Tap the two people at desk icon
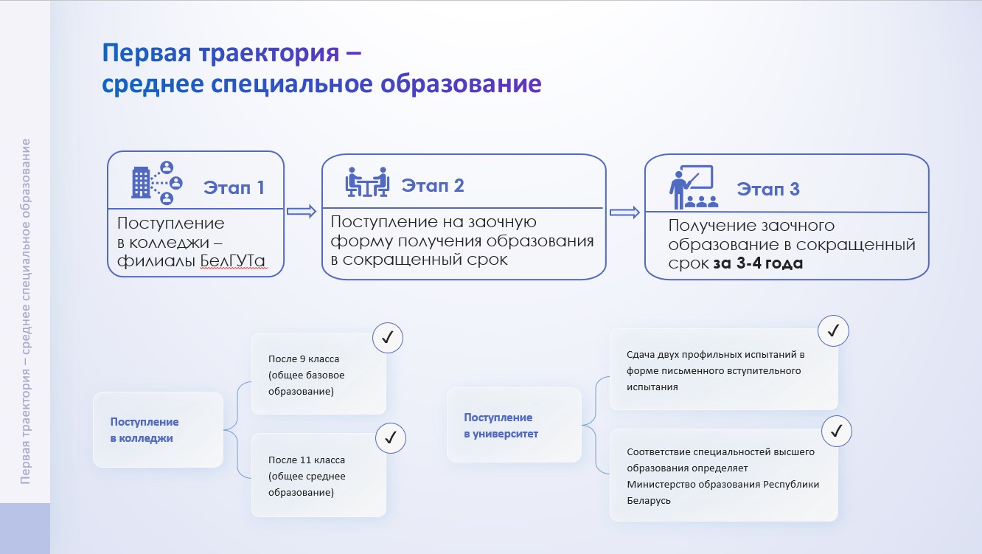click(x=367, y=181)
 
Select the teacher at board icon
click(x=694, y=187)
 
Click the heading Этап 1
click(x=234, y=187)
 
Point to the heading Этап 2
click(x=433, y=186)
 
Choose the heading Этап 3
click(x=768, y=189)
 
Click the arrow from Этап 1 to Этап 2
click(x=302, y=212)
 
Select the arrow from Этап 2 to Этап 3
click(x=624, y=212)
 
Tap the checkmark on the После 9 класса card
click(x=388, y=338)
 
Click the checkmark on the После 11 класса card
click(x=391, y=438)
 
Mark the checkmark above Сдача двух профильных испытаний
click(x=833, y=330)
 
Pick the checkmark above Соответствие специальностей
click(x=837, y=432)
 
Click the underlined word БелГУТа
click(x=232, y=261)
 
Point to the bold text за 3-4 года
click(x=758, y=263)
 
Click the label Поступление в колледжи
click(x=144, y=430)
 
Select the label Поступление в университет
click(x=501, y=426)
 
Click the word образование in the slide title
click(x=461, y=84)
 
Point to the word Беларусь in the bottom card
click(x=649, y=500)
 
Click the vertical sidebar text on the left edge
click(x=25, y=311)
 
